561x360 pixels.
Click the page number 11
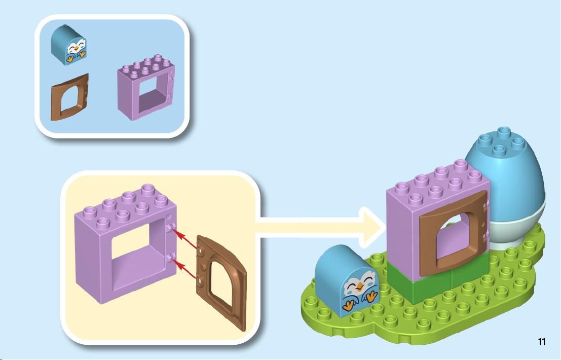click(x=542, y=341)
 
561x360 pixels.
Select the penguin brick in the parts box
click(x=69, y=45)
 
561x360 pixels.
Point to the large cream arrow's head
click(x=372, y=227)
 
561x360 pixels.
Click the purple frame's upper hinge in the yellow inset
click(x=171, y=227)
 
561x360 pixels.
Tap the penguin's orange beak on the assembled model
click(x=359, y=286)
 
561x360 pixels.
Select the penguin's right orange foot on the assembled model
click(x=371, y=296)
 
